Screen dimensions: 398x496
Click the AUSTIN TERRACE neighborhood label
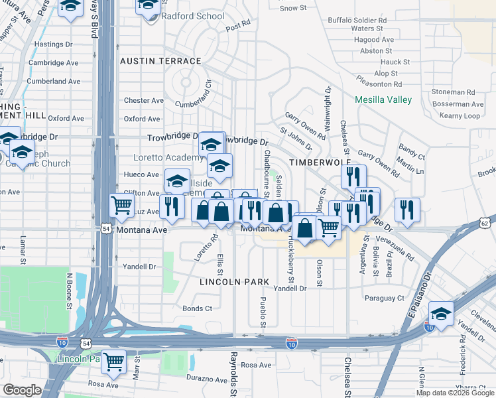click(160, 61)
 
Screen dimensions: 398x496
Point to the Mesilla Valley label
click(383, 100)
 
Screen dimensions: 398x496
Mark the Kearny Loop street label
click(460, 115)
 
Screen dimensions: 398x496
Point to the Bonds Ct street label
click(197, 308)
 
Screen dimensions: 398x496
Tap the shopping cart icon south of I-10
click(114, 362)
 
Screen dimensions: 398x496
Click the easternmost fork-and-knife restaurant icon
click(407, 209)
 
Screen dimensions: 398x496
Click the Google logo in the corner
click(22, 390)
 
